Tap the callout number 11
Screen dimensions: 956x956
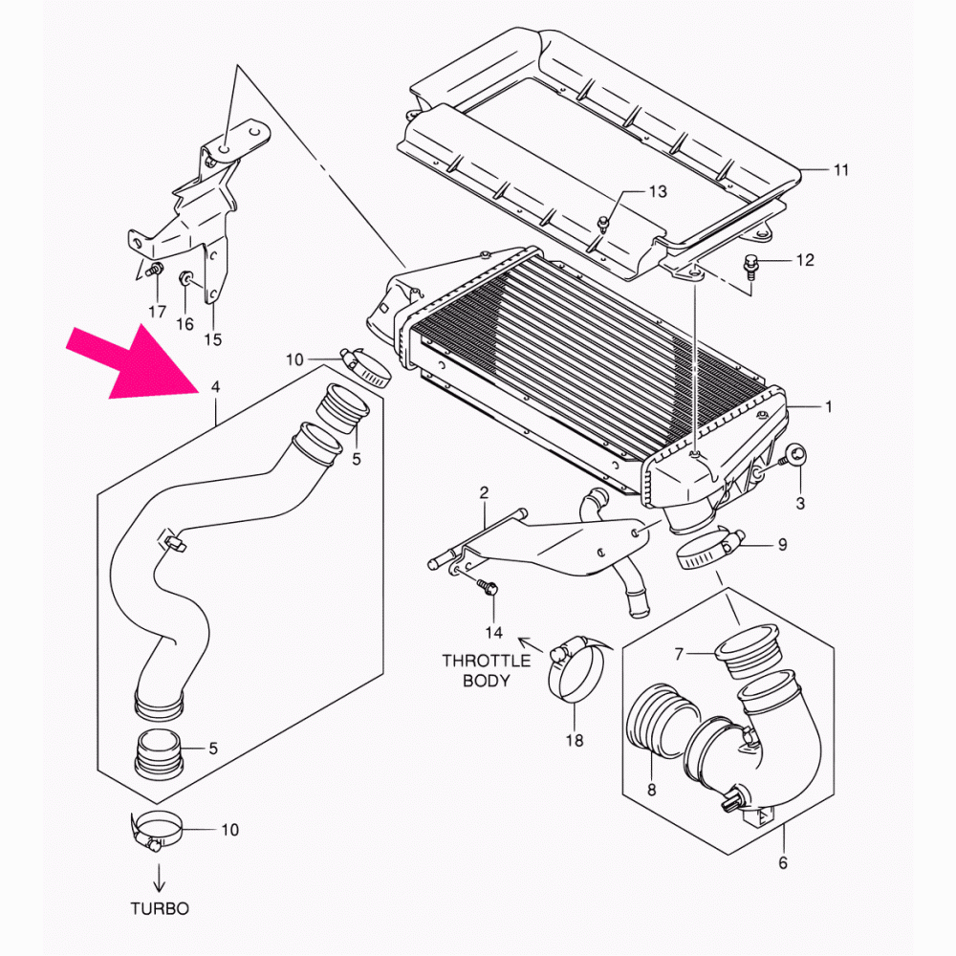[x=840, y=171]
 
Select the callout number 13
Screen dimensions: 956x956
[x=657, y=192]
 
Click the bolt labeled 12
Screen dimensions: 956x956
[x=750, y=264]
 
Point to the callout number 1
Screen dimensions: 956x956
[x=828, y=406]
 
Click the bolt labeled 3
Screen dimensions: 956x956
[x=793, y=456]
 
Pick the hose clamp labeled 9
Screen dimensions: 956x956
[x=707, y=549]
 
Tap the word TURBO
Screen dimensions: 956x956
[x=160, y=908]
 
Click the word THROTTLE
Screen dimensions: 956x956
[x=486, y=661]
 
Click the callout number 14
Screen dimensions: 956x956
[x=493, y=633]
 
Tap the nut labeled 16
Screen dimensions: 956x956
[x=186, y=279]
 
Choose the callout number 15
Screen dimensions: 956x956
[x=212, y=339]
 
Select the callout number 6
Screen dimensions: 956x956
[x=783, y=863]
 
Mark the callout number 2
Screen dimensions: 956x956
[x=484, y=493]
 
